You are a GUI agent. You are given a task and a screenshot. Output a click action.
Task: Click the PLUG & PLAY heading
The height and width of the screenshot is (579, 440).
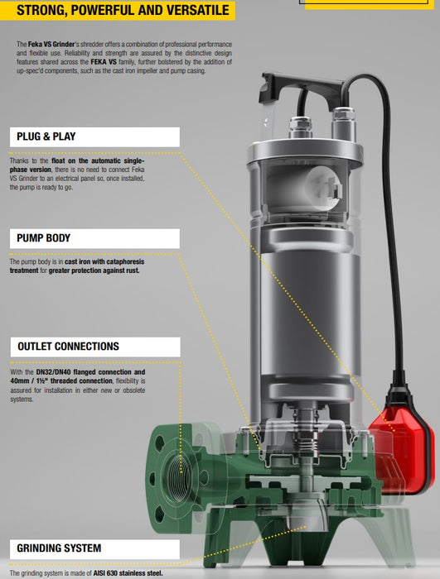[52, 136]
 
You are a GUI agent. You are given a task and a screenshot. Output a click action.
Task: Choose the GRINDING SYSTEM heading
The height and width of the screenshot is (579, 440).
[60, 548]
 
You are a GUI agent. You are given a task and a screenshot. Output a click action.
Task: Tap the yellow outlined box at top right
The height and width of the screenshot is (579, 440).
[372, 3]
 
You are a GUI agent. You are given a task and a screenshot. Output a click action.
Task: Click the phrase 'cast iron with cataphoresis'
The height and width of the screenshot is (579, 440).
[104, 261]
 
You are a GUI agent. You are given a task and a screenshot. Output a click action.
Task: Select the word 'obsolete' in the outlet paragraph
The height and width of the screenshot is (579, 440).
[129, 390]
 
